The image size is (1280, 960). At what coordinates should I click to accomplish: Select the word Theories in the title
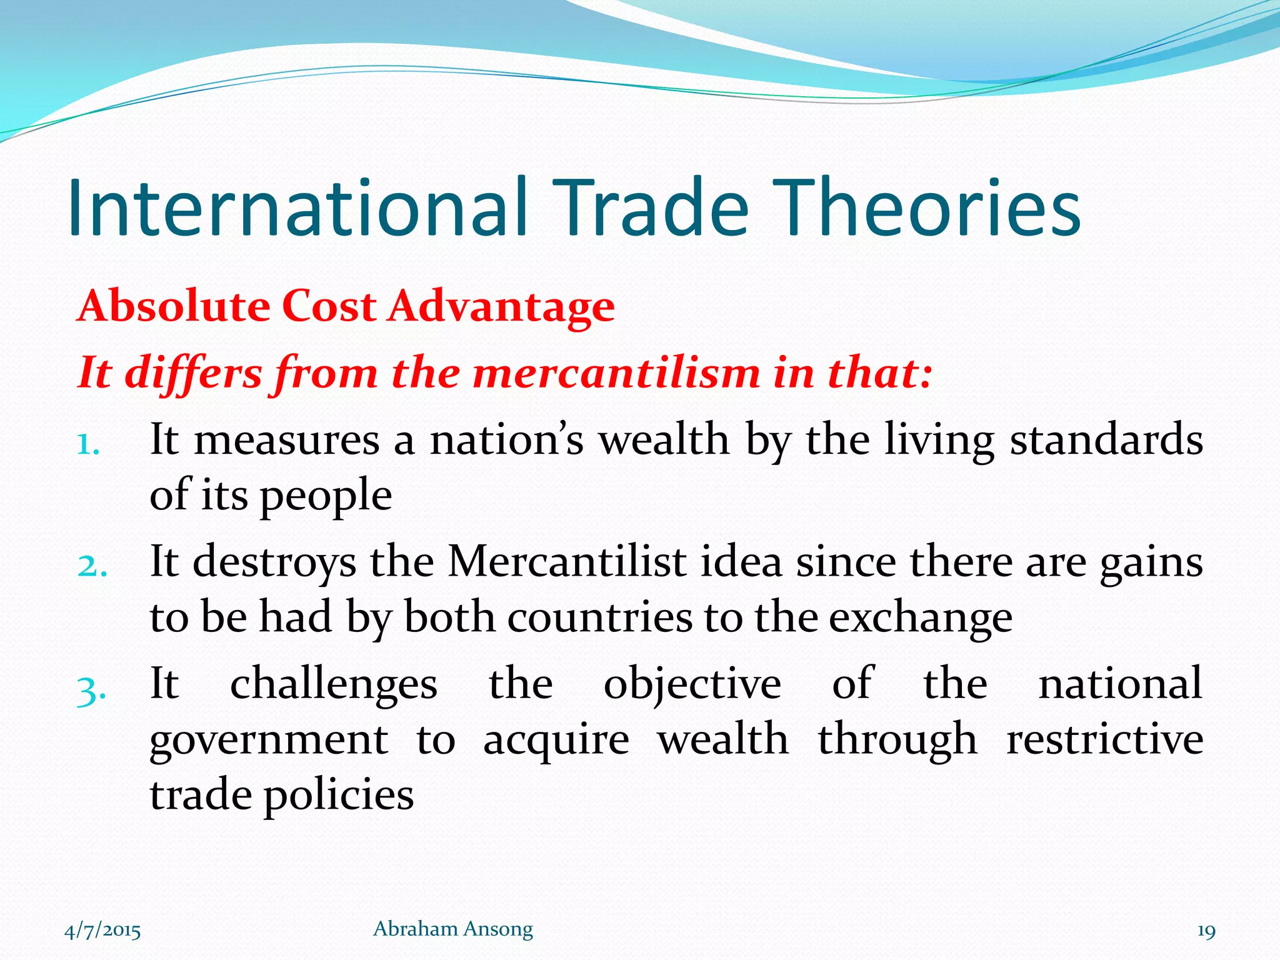931,208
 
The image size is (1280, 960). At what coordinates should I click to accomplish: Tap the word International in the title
297,208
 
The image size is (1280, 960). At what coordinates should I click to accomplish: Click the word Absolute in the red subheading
173,306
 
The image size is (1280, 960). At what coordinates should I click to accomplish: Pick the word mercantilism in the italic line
616,373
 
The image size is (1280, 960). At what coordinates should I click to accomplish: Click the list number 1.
89,445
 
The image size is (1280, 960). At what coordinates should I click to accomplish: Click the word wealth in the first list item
664,439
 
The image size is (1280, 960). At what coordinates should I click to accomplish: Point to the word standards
1106,439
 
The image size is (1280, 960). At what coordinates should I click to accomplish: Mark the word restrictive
1104,739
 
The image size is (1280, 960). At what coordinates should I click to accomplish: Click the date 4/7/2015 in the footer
102,931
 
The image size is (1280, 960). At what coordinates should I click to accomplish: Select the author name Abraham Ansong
452,929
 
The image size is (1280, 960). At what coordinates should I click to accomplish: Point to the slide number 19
1206,931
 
